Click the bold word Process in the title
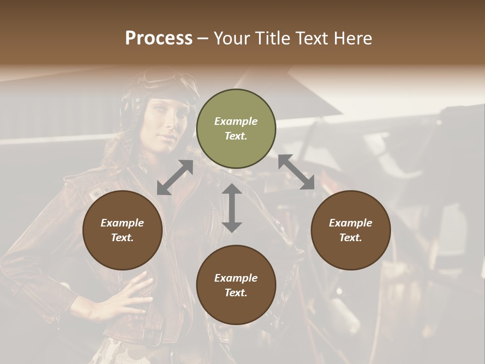click(159, 38)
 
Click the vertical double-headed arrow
click(232, 208)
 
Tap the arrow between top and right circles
click(296, 172)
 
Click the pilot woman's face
click(167, 116)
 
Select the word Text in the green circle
click(236, 136)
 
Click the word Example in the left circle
click(122, 223)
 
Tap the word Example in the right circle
click(351, 223)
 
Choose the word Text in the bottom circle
click(236, 293)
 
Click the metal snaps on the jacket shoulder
click(101, 192)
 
